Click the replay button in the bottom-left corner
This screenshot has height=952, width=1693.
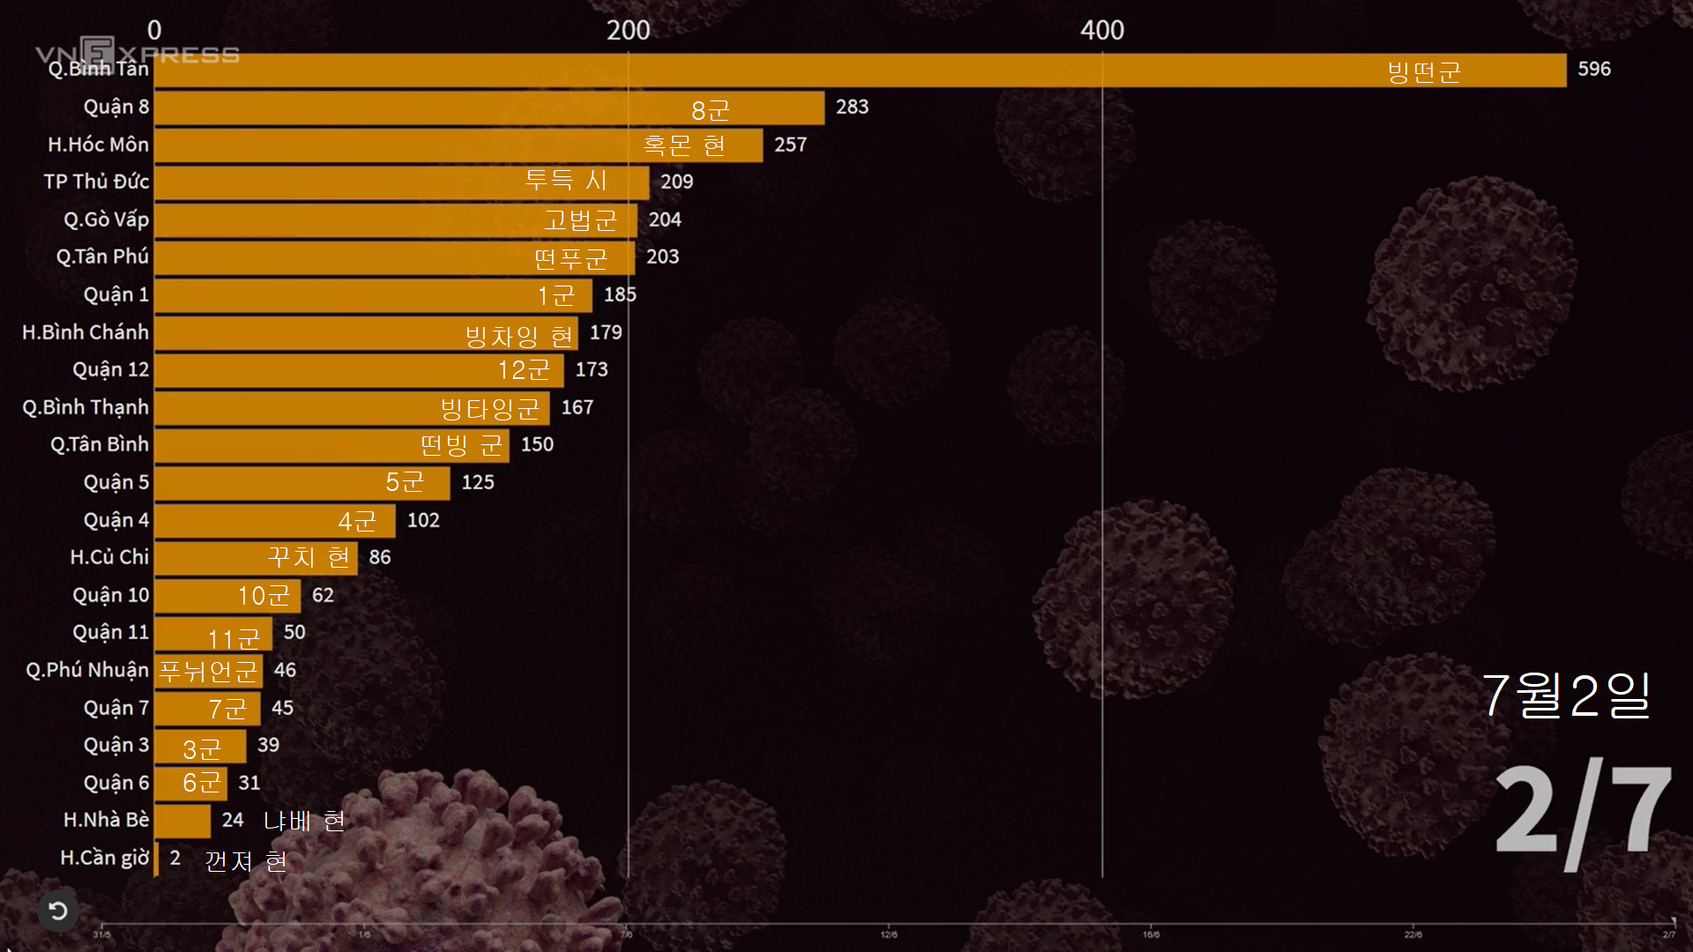pos(58,911)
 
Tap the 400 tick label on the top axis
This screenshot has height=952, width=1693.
pos(1102,30)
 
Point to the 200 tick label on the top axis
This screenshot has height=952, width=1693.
pos(628,30)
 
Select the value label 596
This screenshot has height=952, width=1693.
pos(1593,69)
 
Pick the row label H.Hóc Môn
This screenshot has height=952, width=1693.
pos(98,145)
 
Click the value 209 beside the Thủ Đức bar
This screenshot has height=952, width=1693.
pos(676,182)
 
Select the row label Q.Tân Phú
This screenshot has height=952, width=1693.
pos(102,257)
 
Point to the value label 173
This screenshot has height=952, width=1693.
pos(591,369)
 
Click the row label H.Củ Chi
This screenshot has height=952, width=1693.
pos(109,557)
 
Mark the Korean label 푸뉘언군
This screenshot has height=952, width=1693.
pos(208,672)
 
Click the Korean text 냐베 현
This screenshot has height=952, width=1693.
pos(304,822)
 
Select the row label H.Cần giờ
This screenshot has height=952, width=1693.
pos(104,858)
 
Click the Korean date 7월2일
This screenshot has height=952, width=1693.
pos(1565,695)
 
